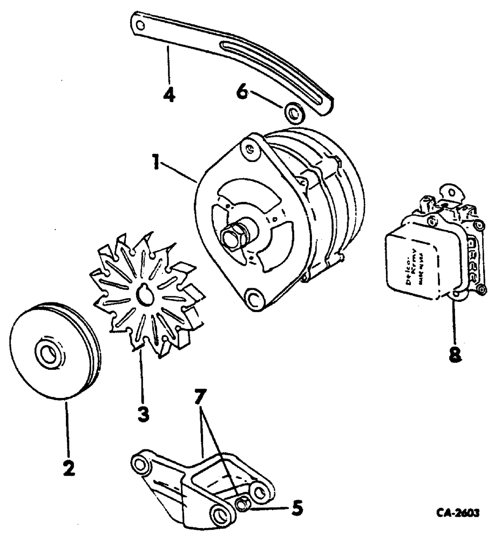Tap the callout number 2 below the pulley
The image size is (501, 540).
[69, 468]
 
